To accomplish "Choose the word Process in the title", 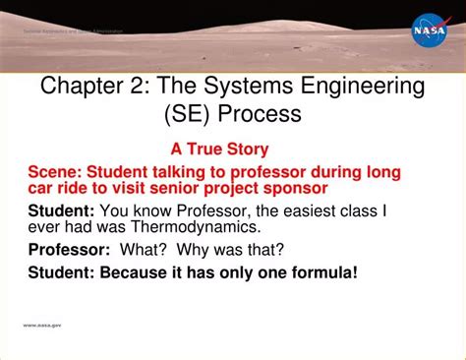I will pyautogui.click(x=260, y=114).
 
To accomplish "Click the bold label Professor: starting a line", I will pyautogui.click(x=70, y=248).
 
